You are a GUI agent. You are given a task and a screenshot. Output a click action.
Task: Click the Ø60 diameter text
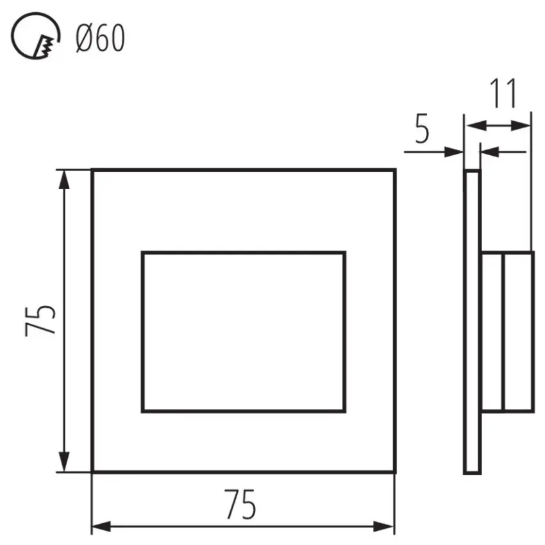100,39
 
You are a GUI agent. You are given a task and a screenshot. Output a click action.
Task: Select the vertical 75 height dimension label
40,320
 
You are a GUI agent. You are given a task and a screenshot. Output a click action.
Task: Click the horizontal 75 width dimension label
240,505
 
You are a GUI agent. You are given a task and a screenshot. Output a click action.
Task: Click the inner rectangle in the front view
243,331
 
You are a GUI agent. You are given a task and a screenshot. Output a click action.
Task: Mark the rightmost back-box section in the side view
518,331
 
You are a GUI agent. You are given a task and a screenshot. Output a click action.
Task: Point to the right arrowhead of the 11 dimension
523,126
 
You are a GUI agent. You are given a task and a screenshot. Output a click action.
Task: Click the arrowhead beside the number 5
455,152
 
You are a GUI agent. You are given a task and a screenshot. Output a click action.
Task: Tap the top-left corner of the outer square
92,171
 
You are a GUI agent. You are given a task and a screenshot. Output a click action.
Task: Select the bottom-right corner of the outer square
394,472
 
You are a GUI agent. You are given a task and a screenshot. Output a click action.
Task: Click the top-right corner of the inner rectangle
345,253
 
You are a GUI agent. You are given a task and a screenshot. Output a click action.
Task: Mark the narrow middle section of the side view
492,331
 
